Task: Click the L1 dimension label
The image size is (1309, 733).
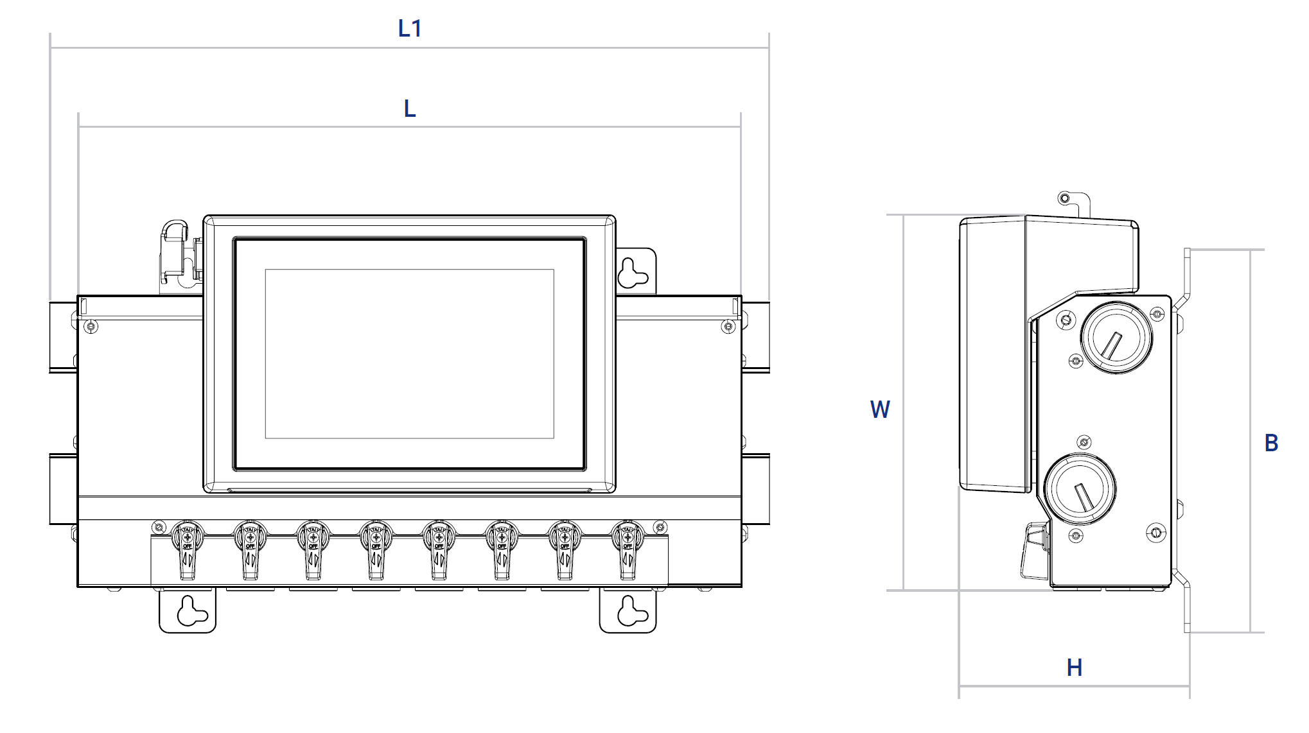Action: pyautogui.click(x=409, y=29)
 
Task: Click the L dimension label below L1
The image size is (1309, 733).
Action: pyautogui.click(x=409, y=108)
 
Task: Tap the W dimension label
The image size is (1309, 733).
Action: pyautogui.click(x=880, y=410)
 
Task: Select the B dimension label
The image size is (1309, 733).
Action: pyautogui.click(x=1271, y=443)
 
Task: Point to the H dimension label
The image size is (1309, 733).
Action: pyautogui.click(x=1074, y=668)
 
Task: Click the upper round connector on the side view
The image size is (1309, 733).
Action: pyautogui.click(x=1116, y=338)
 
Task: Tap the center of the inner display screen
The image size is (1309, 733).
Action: pyautogui.click(x=409, y=354)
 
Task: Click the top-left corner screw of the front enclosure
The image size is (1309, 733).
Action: pyautogui.click(x=91, y=327)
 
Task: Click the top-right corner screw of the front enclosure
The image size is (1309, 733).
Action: pyautogui.click(x=728, y=327)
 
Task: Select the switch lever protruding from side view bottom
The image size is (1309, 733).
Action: pyautogui.click(x=1034, y=552)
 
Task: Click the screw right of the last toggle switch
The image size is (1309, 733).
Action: pyautogui.click(x=660, y=528)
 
